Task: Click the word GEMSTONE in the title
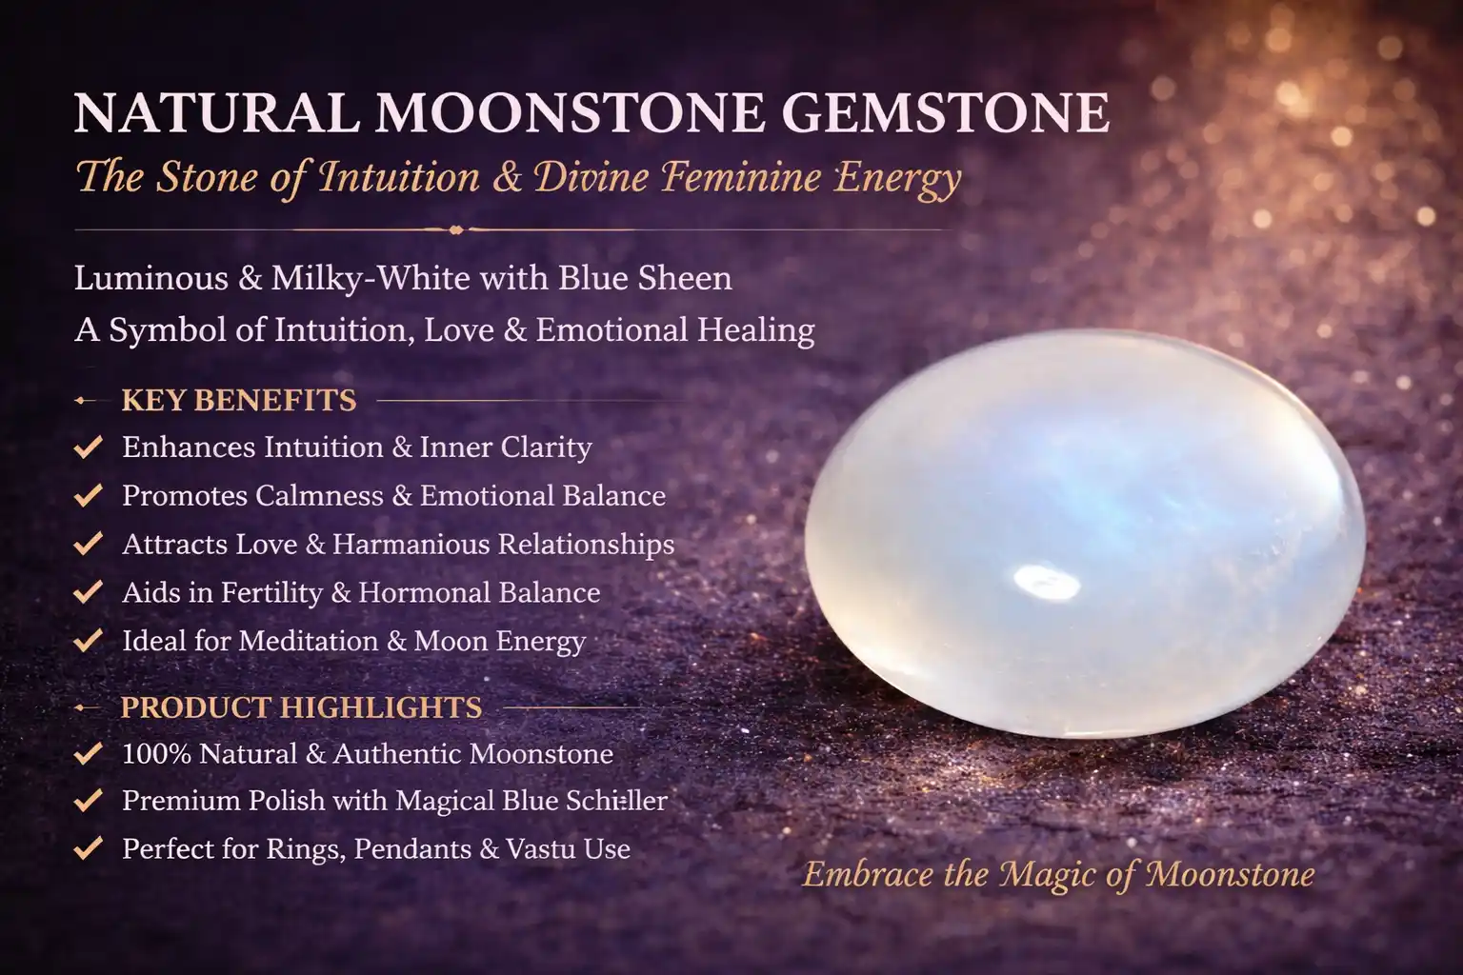945,113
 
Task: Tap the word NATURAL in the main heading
217,113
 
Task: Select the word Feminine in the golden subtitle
740,177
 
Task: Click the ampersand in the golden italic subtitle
508,177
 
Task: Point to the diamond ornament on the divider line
456,229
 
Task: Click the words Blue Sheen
645,278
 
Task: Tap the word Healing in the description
755,330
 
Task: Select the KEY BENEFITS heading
239,400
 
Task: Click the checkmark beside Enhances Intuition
89,448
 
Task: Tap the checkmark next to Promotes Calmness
89,496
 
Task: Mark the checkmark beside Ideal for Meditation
89,641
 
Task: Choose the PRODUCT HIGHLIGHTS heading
301,707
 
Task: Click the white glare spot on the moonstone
1047,582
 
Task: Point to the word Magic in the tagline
1050,875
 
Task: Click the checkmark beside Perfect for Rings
89,849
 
